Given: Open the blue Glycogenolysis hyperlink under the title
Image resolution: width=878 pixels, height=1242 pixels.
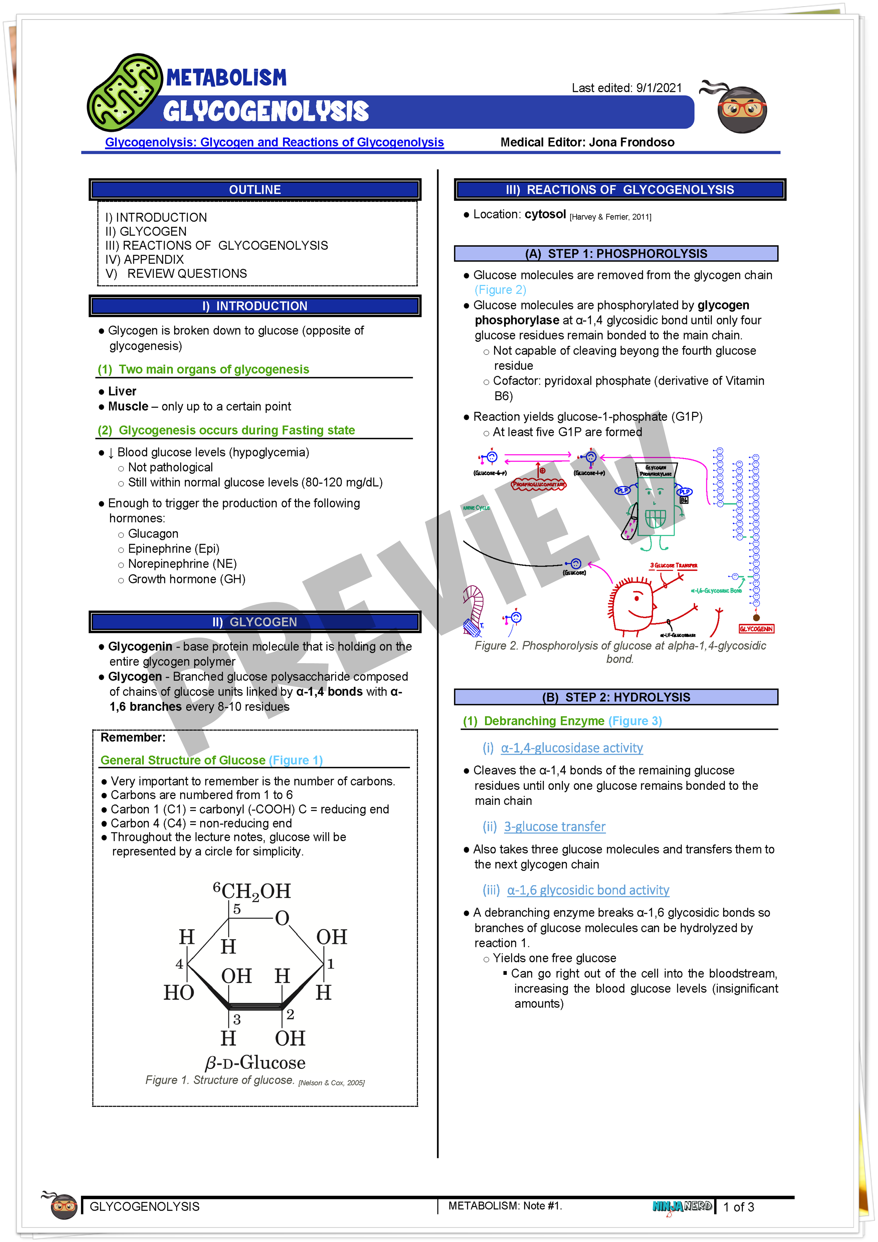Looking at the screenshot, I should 274,142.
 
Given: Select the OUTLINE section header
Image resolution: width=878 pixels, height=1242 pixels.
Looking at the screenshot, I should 255,190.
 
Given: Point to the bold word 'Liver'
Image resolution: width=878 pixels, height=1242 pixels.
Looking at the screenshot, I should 122,391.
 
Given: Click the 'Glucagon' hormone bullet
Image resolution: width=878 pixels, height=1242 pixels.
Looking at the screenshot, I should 153,534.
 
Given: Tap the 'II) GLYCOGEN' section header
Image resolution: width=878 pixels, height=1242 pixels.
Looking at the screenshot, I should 255,622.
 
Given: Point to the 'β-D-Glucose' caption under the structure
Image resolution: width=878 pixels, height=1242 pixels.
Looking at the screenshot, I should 255,1063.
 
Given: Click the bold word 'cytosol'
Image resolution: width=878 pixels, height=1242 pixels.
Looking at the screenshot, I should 545,214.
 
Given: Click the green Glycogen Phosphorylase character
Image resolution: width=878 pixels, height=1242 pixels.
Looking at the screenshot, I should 655,506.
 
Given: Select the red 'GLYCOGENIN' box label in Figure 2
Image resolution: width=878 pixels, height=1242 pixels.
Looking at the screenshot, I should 756,629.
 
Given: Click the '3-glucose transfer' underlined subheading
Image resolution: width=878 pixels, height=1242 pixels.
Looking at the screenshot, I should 554,827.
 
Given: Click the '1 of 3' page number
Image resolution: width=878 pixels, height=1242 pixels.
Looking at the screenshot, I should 738,1207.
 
